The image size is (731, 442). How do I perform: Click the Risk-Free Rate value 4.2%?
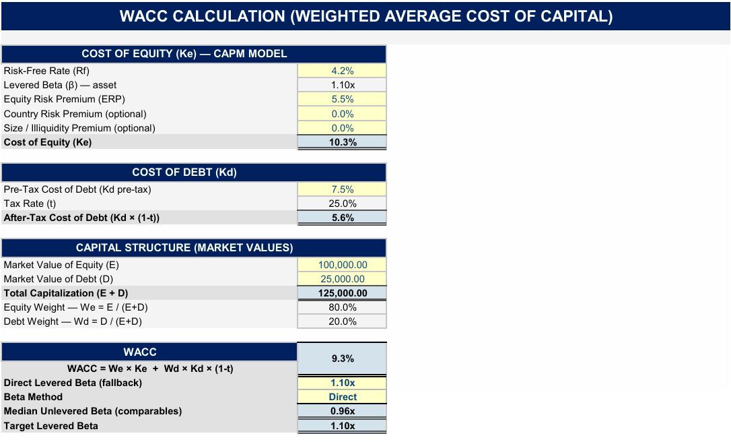pos(342,71)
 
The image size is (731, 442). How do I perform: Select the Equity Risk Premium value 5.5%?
pos(342,100)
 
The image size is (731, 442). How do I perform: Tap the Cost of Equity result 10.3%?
pos(342,142)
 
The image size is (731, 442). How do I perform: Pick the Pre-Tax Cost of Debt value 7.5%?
pos(342,189)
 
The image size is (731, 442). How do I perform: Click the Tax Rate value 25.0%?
pos(342,203)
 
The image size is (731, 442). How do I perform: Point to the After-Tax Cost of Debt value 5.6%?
pos(342,218)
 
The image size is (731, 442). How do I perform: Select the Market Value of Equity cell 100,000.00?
pos(342,265)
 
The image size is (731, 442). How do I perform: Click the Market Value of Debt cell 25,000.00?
pos(342,279)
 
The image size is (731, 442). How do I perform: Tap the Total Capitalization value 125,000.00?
pos(342,293)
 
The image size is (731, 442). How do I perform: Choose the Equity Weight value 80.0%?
pos(342,307)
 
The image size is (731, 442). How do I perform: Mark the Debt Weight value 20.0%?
pos(342,321)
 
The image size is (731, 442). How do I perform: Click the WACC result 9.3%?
pos(342,358)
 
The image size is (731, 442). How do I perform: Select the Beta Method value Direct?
pos(342,397)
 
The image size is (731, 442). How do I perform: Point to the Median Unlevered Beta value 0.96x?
pos(342,411)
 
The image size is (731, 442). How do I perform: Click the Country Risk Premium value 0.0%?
pos(342,114)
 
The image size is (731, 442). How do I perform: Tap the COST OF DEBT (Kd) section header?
pos(184,172)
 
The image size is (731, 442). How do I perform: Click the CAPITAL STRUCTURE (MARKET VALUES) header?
pos(184,248)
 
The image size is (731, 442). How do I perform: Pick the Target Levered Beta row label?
pos(50,426)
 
